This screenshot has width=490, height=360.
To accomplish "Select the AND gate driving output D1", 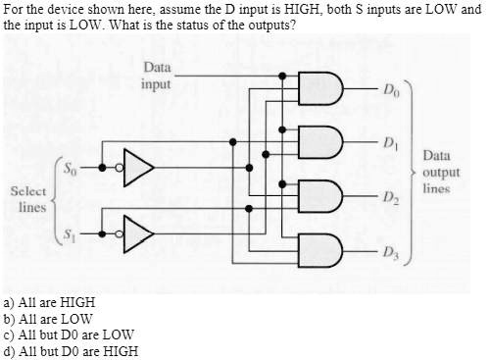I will (x=325, y=142).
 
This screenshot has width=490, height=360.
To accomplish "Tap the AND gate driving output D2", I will (x=325, y=195).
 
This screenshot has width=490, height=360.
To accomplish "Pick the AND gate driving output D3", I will (x=325, y=247).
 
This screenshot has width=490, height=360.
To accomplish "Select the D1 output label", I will (x=392, y=144).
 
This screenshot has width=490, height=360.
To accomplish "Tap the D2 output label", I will (x=392, y=197).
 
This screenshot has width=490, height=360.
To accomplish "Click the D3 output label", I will (x=392, y=249).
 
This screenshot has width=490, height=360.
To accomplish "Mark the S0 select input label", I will (x=71, y=167).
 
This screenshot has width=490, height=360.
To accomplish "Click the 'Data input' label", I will (x=156, y=76).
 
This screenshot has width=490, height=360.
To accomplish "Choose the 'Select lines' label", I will (x=27, y=200).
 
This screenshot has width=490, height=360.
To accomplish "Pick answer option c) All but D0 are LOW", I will (x=69, y=334).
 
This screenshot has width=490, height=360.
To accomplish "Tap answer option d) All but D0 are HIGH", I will (x=71, y=350).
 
